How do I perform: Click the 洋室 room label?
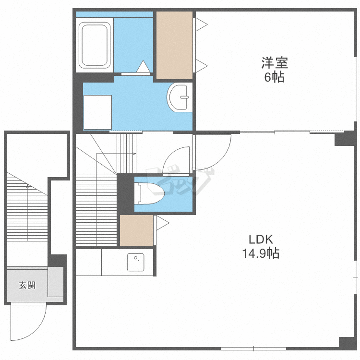pos(275,63)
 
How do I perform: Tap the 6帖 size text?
pos(274,77)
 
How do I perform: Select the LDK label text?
pos(261,240)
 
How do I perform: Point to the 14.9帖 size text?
pos(261,253)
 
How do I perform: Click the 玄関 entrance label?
pos(27,285)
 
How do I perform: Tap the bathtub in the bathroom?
pos(95,46)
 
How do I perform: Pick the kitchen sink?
pos(135,262)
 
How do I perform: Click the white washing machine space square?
pos(97,112)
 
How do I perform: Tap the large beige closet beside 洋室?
pos(175,46)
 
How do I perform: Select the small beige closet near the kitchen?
pos(137,230)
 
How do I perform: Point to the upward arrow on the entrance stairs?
pos(27,212)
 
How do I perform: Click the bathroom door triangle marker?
pos(144,66)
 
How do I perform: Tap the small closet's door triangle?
pos(163,223)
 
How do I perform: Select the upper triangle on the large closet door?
pos(201,24)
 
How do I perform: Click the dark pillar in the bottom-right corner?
pos(348,343)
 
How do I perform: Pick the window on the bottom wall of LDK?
pos(254,349)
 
